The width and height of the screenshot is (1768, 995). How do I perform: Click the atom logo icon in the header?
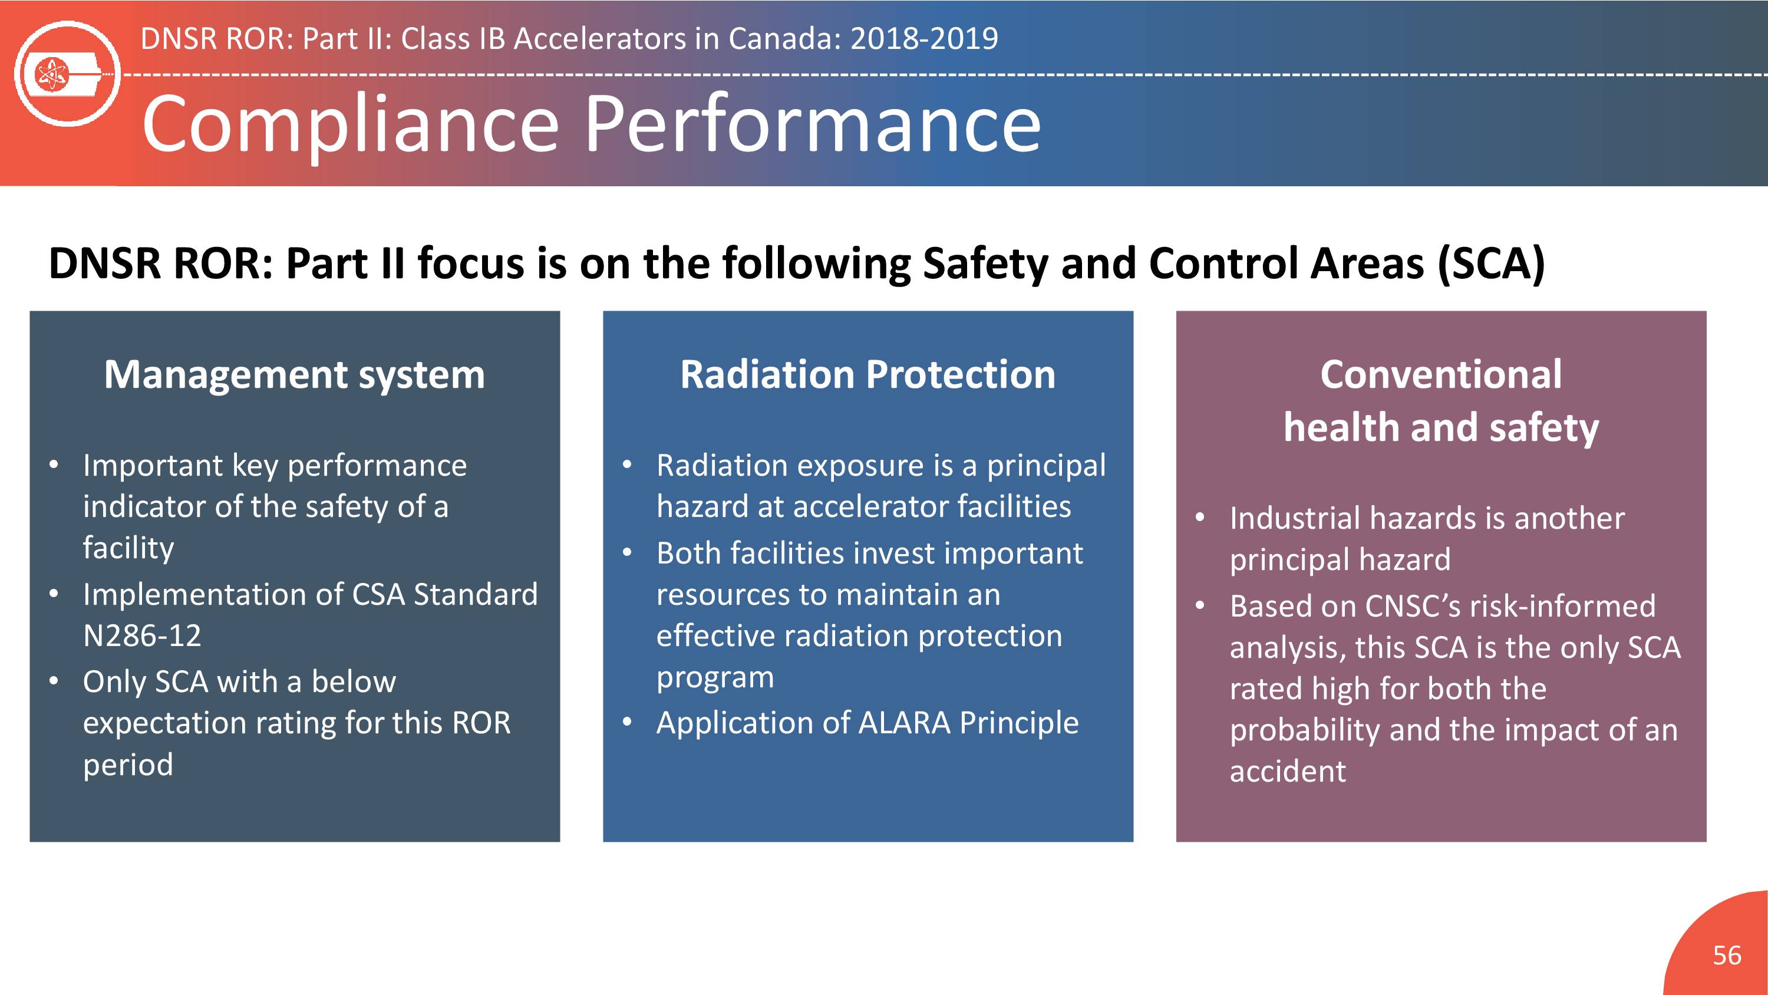67,74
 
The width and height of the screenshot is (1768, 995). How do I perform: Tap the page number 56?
1727,955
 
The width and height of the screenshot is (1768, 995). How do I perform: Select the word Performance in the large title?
813,124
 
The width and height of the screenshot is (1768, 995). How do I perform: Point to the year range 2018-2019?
924,38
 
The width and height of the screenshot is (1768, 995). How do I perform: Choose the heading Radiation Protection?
867,374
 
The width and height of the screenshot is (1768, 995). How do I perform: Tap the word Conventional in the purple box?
1440,374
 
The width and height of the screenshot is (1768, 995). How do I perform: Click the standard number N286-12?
142,635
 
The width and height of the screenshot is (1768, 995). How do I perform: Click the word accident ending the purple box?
1288,771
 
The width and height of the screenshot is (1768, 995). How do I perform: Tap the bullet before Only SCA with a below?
54,681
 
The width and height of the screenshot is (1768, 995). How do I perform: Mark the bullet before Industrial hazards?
1200,518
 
